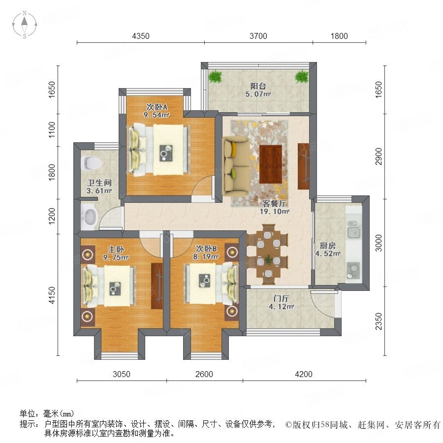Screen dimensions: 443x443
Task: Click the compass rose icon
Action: (x=25, y=25)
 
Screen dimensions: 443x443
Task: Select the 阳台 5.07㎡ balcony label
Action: (x=258, y=90)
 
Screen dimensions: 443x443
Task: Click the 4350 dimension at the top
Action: (x=141, y=36)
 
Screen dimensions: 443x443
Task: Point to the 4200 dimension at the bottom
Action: (x=304, y=374)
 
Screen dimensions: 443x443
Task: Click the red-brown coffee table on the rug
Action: (x=271, y=164)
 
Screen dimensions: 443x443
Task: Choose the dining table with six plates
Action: (x=268, y=254)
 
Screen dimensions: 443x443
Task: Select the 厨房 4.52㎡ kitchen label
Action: (x=328, y=250)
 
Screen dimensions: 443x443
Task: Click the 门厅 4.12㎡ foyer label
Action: (x=282, y=302)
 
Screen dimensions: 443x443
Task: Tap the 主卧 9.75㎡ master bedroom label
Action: (x=116, y=253)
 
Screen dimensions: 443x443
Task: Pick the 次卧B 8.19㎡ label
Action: (x=206, y=253)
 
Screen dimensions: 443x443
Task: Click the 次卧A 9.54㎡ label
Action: (x=157, y=111)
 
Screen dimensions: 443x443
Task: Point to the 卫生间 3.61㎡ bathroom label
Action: (x=99, y=187)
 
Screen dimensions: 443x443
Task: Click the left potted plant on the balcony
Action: (x=216, y=76)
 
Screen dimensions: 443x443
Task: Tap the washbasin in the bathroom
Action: (x=89, y=217)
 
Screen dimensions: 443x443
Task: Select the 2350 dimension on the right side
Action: (x=379, y=321)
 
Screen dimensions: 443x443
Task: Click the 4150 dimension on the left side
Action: (x=52, y=295)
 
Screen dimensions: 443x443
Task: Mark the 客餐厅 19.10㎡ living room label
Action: (x=274, y=207)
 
